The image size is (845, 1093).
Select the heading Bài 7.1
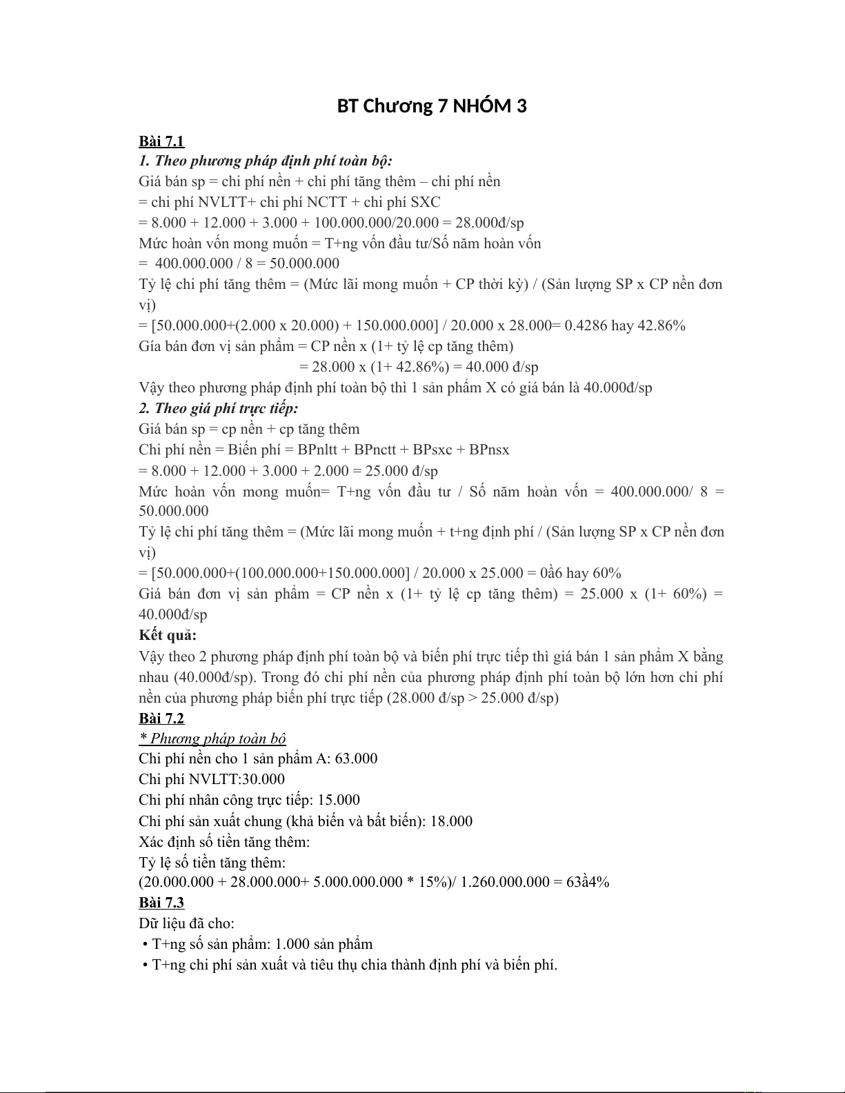161,141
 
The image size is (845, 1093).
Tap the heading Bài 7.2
161,719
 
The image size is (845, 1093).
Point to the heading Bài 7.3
161,903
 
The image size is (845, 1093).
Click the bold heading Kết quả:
168,635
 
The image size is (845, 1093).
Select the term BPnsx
489,450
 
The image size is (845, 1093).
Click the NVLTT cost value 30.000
263,779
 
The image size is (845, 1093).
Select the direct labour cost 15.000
339,800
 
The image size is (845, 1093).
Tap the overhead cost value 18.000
451,821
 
